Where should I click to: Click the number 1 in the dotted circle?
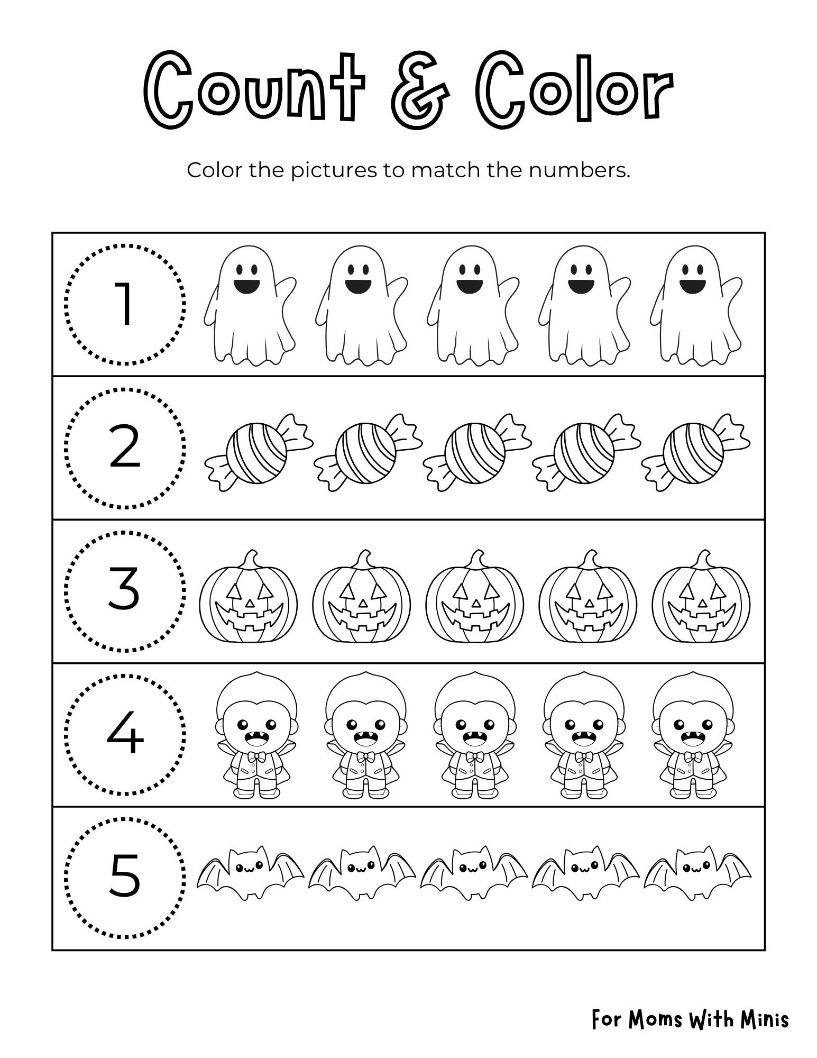pyautogui.click(x=125, y=305)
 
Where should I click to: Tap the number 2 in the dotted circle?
pyautogui.click(x=125, y=448)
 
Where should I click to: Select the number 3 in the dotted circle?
pyautogui.click(x=125, y=589)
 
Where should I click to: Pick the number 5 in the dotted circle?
pyautogui.click(x=125, y=875)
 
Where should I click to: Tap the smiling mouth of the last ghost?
pyautogui.click(x=690, y=286)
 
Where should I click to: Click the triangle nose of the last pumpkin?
pyautogui.click(x=702, y=603)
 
